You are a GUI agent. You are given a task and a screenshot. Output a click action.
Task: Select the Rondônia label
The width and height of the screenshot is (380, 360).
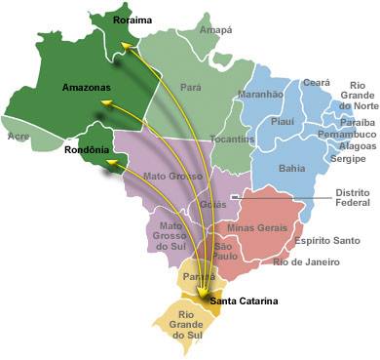pos(83,149)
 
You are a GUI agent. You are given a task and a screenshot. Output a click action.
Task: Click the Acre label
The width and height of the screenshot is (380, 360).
pos(18,138)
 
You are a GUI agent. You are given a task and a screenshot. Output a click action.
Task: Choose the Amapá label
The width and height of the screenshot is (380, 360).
pos(214,30)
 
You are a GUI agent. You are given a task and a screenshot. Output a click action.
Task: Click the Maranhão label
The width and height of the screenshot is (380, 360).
pos(260,95)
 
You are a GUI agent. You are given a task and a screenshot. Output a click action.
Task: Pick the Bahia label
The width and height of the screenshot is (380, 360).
pos(291,168)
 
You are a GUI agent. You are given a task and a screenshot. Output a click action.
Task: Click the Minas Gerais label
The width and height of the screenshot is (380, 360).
pos(255,227)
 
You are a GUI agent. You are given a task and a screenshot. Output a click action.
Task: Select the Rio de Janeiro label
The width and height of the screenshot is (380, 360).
pos(307,262)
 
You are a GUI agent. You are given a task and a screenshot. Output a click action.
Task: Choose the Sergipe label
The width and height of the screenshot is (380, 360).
pos(348,158)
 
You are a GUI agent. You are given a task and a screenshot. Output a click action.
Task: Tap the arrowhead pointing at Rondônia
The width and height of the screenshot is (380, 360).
pos(111,161)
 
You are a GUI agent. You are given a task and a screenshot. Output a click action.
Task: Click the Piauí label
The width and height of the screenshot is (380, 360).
pos(282,123)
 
